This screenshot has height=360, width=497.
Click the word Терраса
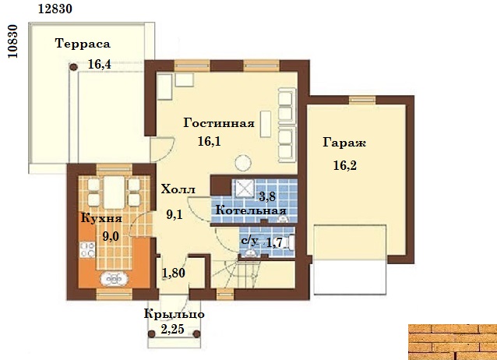[x=83, y=44]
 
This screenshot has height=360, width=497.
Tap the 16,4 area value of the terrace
[x=100, y=65]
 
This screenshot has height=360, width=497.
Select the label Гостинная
[x=219, y=123]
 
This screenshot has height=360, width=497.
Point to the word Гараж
[x=344, y=143]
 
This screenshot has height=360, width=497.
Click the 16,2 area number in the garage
[x=345, y=165]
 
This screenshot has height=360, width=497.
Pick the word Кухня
[x=101, y=218]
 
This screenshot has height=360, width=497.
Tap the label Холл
[x=178, y=189]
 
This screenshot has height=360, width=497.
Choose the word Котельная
[x=251, y=210]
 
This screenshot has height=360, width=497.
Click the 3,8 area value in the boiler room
[x=267, y=197]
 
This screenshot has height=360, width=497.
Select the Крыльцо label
[x=174, y=314]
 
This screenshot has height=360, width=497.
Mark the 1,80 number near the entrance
[x=174, y=273]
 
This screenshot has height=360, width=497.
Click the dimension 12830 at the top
[x=55, y=9]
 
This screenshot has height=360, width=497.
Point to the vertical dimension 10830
[x=13, y=41]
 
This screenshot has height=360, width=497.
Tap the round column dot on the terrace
[x=73, y=67]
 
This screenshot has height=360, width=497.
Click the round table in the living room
[x=243, y=163]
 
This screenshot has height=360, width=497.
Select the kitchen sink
[x=114, y=279]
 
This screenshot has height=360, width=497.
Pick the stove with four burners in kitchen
[x=87, y=249]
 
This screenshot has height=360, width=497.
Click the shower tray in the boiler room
[x=243, y=189]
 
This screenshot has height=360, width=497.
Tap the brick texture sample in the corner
[x=453, y=342]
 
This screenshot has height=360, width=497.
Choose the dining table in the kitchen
[x=114, y=192]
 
